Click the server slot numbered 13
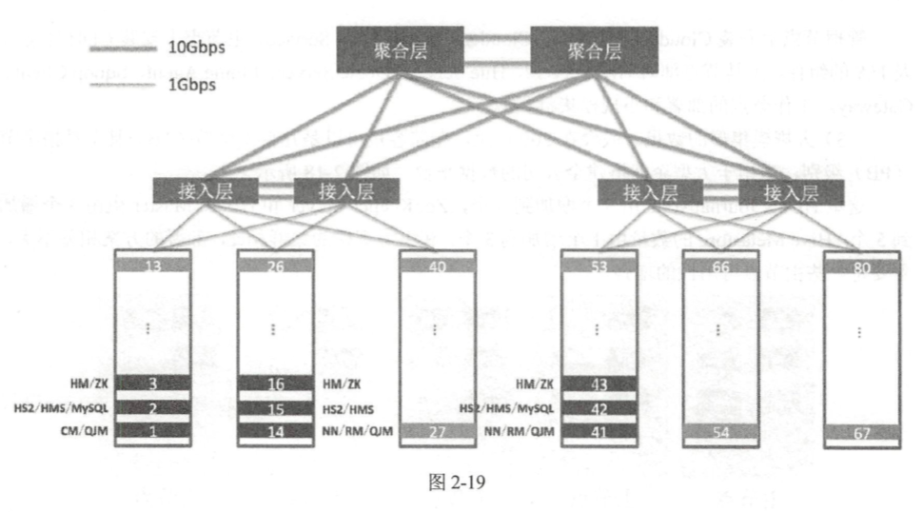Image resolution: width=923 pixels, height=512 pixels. click(152, 266)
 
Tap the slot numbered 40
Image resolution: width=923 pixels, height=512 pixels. click(437, 266)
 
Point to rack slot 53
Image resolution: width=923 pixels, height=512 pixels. click(599, 266)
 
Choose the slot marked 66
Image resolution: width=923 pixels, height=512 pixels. click(720, 266)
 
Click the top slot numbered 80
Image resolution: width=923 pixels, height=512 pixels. click(862, 266)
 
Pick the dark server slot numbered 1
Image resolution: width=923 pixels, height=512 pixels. click(152, 430)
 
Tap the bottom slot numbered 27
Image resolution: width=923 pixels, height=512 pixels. click(437, 430)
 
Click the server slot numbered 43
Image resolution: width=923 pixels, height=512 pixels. click(599, 384)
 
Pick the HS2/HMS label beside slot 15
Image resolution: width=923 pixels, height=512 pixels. click(346, 408)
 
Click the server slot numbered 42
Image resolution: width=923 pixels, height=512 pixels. click(599, 407)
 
